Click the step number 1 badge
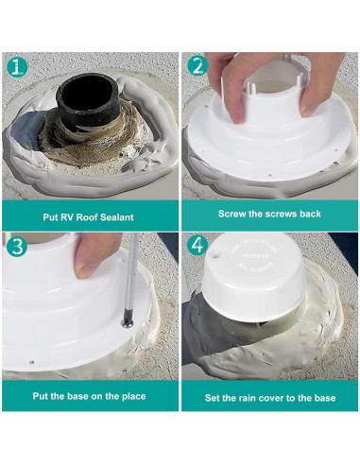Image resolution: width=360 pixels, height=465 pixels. coord(16,67)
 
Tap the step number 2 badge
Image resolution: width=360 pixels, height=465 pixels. coord(197,66)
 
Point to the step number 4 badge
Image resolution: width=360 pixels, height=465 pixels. coord(197,246)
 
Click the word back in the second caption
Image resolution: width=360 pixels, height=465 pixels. coord(310,214)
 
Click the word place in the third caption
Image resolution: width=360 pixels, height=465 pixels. coord(133,396)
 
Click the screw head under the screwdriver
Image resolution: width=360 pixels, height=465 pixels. coord(128,322)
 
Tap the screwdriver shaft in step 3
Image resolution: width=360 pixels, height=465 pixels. coord(131,276)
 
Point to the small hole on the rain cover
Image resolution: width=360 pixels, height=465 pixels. coord(214,253)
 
